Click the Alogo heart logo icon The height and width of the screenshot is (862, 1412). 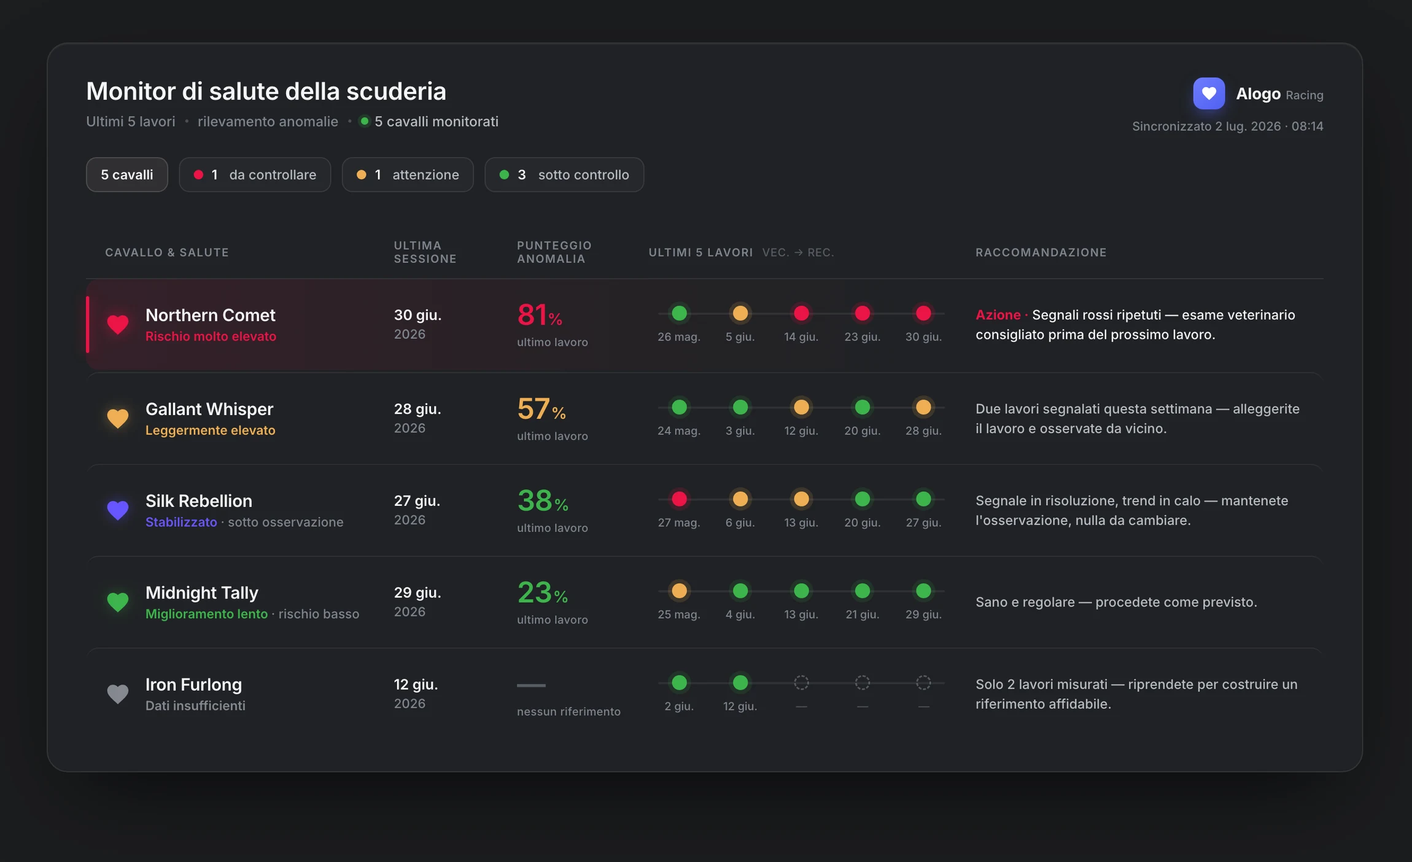[x=1208, y=93]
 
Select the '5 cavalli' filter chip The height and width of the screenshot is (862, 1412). [x=126, y=174]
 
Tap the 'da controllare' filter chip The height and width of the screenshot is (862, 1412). [x=255, y=174]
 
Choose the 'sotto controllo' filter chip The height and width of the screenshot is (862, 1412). [x=564, y=174]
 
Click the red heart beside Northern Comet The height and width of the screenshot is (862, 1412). [x=117, y=324]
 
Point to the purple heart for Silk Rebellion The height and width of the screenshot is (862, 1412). [x=117, y=510]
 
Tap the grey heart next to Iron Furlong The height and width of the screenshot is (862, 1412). [x=117, y=694]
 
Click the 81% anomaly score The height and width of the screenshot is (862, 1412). [x=540, y=315]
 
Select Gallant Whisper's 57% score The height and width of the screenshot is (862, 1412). [x=541, y=409]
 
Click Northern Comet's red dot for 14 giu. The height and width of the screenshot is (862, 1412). [x=801, y=314]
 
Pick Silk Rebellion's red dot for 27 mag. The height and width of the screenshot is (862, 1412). [x=679, y=499]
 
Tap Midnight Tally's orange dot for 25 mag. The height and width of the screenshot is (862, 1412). [x=679, y=591]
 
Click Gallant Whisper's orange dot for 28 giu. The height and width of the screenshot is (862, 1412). [x=923, y=407]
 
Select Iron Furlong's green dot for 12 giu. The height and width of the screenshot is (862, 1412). [x=740, y=682]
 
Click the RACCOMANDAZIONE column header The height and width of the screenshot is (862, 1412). [x=1041, y=252]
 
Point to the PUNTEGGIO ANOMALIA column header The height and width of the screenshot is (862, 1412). [x=554, y=252]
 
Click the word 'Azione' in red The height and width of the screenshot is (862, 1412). [x=998, y=315]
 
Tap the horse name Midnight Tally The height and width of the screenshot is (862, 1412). [x=202, y=592]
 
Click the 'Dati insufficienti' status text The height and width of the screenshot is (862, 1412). [x=195, y=706]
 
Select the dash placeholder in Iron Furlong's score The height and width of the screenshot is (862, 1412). [x=531, y=685]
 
